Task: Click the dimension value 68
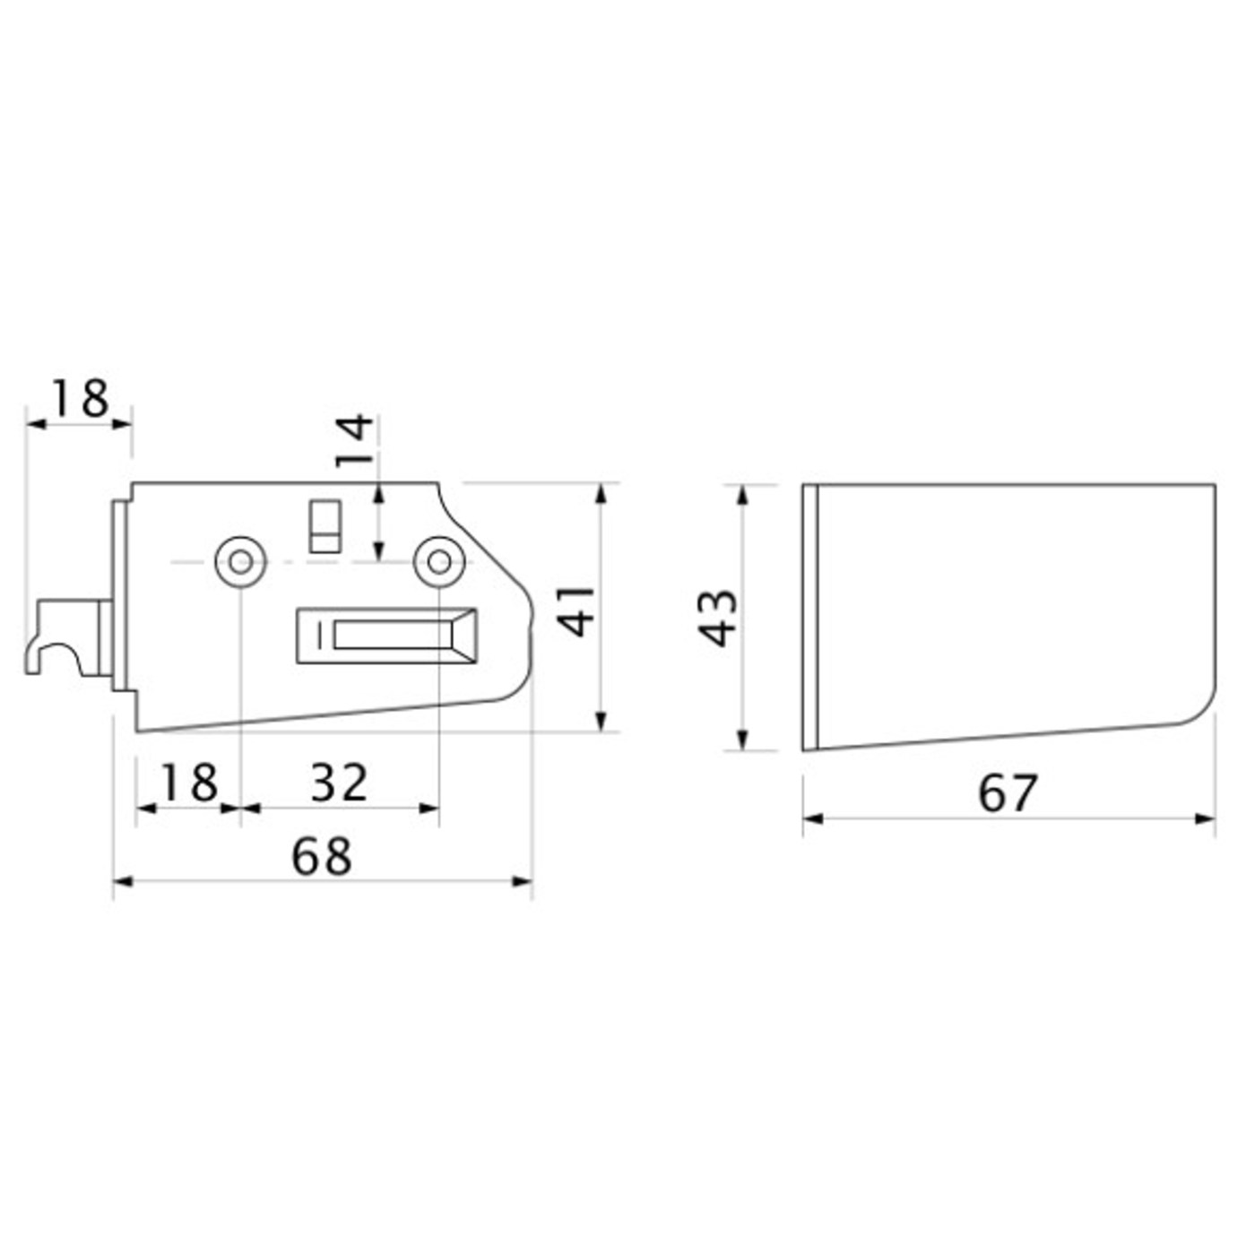322,857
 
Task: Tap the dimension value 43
718,618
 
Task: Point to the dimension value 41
577,610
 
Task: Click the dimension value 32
340,783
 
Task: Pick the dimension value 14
354,440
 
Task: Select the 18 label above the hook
80,399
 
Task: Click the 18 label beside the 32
189,783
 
